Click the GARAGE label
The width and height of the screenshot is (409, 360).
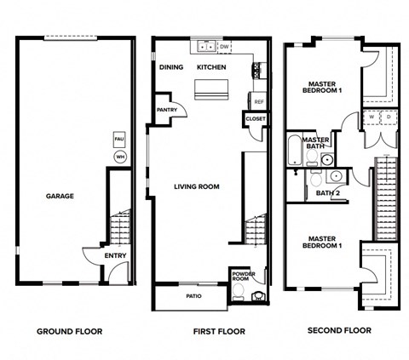coord(60,196)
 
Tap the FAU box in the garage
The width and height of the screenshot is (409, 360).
coord(119,138)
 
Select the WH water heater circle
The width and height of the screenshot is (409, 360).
coord(119,157)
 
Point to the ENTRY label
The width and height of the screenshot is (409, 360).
coord(116,255)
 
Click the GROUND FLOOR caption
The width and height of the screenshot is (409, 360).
coord(72,330)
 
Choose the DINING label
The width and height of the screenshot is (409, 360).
coord(171,66)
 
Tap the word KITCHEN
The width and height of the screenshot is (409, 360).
coord(211,66)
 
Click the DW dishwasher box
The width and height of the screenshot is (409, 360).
coord(226,48)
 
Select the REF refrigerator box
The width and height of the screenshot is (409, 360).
coord(259,101)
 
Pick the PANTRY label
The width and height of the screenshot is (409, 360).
coord(167,110)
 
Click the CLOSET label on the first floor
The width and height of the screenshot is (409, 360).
coord(256,119)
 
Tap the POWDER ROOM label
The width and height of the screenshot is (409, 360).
coord(242,277)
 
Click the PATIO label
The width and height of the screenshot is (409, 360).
coord(194,296)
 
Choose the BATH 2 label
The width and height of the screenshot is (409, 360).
coord(327,193)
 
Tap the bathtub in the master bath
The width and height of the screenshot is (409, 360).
coord(295,151)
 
